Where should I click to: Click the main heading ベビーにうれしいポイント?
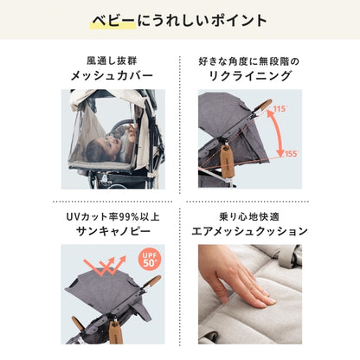tap(180, 21)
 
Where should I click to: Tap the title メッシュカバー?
tap(112, 76)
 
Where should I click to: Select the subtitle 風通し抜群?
tap(112, 61)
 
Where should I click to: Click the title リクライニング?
tap(250, 76)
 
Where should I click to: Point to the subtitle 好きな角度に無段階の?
tap(249, 61)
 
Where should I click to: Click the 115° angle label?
tap(280, 109)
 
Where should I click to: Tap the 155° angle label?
tap(291, 153)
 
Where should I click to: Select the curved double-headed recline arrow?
tap(278, 132)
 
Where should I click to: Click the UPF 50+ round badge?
tap(150, 260)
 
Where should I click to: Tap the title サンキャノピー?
tap(113, 231)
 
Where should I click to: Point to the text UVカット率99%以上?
tap(112, 216)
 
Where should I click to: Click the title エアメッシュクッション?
tap(250, 231)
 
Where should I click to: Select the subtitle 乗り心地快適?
tap(249, 216)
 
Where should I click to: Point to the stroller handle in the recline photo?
tap(262, 106)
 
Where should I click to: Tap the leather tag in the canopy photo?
tap(115, 331)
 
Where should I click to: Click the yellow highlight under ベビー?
tap(112, 25)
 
